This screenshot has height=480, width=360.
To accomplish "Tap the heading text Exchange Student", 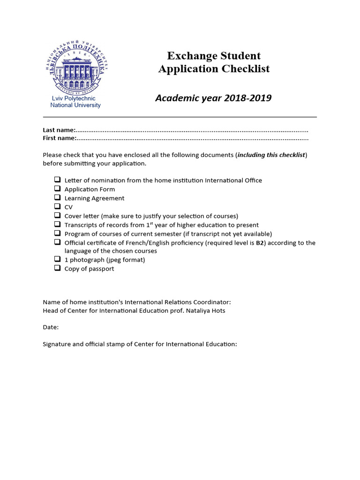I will pos(214,56).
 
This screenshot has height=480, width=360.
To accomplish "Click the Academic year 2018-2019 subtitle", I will pos(213,98).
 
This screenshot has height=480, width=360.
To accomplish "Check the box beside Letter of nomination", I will pos(57,180).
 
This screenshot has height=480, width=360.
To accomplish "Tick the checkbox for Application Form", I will pos(57,188).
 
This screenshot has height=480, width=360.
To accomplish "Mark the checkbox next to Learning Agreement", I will pos(57,197).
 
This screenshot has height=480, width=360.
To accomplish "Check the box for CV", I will pos(57,206).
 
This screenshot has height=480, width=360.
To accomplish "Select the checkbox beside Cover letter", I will pos(57,215).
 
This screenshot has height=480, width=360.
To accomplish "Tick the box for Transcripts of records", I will pos(57,224).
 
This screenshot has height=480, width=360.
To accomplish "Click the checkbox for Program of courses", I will pos(57,233).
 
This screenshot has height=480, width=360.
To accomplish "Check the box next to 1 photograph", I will pos(57,259).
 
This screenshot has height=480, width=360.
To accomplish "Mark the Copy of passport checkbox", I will pos(57,268).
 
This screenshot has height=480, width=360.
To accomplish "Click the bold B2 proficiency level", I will pos(260,243).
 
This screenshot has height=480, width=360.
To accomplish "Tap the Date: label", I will pos(51,327).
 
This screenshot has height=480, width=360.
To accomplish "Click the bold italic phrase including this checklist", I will pos(271,155).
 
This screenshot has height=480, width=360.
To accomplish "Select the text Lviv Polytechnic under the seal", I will pos(73,98).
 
